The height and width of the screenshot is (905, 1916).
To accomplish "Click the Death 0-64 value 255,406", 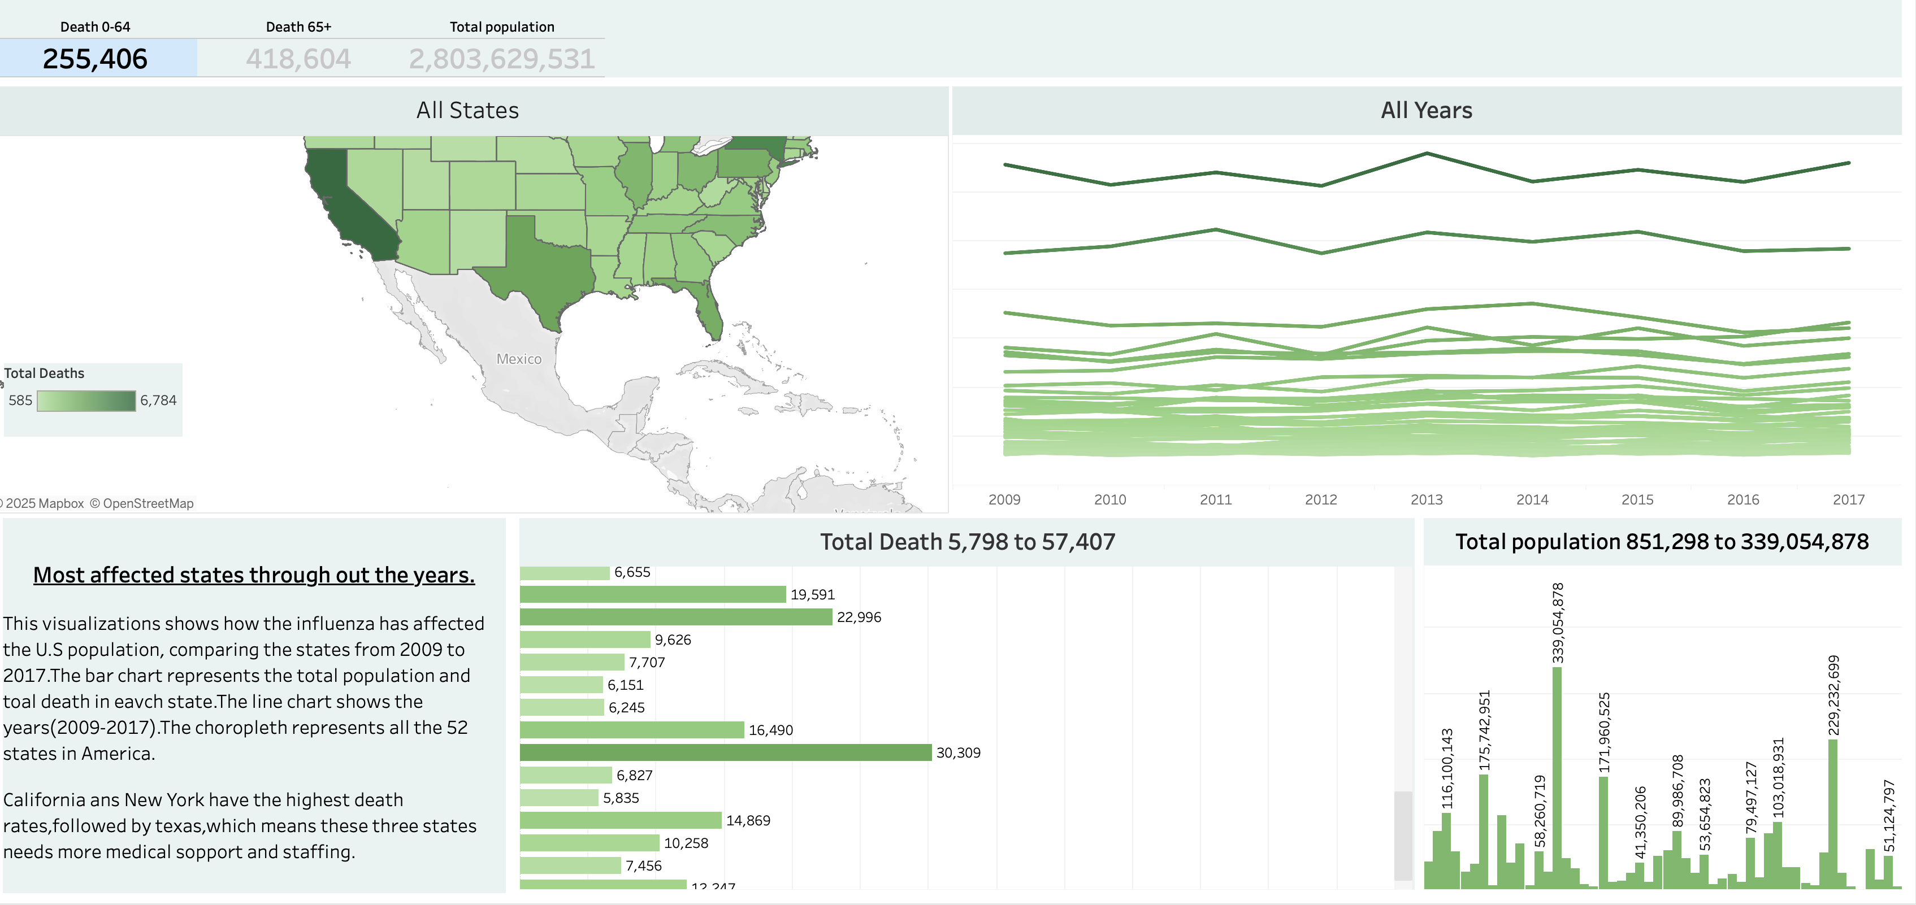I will click(95, 59).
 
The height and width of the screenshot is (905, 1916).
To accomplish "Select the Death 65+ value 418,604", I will click(298, 59).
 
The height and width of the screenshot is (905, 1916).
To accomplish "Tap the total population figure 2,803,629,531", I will click(501, 59).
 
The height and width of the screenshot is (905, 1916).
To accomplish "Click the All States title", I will click(467, 110).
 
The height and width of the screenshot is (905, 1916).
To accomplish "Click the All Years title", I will click(1426, 110).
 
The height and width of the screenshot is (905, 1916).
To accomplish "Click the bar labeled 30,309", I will click(725, 752).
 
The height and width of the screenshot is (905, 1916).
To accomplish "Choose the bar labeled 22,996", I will click(675, 617).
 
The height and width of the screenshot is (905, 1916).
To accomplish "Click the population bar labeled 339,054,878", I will click(1557, 777).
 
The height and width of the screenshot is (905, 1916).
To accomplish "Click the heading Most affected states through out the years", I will click(254, 575).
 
